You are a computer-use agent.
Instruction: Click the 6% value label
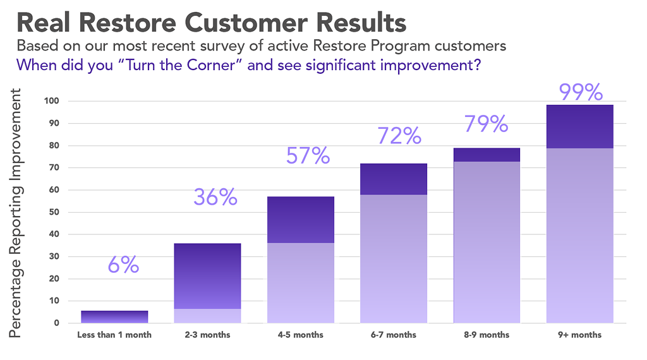[123, 265]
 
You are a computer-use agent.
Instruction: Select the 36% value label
[215, 198]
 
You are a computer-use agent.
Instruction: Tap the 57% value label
[308, 155]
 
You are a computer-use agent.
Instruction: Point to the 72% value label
[399, 135]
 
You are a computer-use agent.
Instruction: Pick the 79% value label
[486, 124]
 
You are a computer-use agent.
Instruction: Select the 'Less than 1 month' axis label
[114, 335]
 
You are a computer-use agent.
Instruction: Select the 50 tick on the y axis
[54, 212]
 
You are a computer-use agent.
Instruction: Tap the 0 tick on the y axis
[57, 323]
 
